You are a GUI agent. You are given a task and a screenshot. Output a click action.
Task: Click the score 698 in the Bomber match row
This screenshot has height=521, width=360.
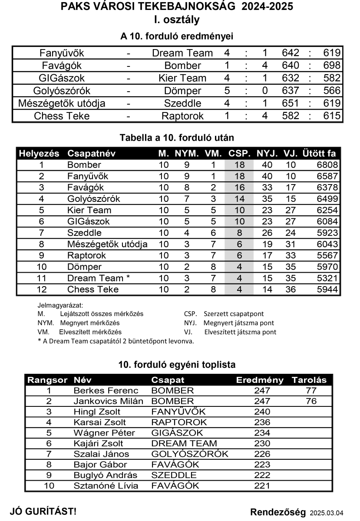pos(332,66)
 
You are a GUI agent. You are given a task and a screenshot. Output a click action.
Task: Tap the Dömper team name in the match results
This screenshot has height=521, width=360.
pos(182,91)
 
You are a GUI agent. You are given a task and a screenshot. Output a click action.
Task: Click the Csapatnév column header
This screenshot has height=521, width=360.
pos(91,154)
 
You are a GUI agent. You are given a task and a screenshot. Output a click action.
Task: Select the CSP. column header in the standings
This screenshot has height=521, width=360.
pos(239,154)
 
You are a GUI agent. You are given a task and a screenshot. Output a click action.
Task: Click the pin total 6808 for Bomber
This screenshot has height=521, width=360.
pos(327,165)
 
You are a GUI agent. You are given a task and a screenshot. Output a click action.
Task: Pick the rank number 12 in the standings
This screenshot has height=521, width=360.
pos(42,290)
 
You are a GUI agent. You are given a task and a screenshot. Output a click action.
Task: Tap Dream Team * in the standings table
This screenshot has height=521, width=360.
pos(99,278)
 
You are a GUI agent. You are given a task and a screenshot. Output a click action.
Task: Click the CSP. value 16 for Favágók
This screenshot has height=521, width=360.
pos(239,188)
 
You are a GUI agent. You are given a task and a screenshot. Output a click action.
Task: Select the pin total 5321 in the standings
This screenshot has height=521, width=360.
pos(327,278)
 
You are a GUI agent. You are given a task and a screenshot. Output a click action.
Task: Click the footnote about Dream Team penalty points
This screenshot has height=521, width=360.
pos(116,341)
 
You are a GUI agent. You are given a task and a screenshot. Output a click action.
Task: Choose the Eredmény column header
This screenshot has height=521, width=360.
pos(259,380)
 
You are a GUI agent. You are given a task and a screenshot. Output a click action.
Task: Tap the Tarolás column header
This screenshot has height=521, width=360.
pos(309,380)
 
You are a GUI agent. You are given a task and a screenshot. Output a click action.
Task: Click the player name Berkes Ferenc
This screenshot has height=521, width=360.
pos(106,391)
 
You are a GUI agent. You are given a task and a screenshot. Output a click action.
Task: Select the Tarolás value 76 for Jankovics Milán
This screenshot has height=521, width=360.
pos(311,401)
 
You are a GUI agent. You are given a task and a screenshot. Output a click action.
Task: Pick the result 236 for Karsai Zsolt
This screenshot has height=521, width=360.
pos(262,422)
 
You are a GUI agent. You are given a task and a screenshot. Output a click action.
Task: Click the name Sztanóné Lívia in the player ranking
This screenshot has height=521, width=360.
pos(106,486)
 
